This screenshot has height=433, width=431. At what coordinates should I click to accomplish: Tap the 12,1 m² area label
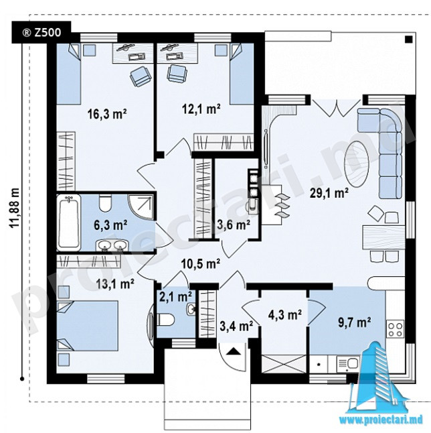click(x=201, y=109)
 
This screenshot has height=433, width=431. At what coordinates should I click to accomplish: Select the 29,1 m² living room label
click(x=329, y=193)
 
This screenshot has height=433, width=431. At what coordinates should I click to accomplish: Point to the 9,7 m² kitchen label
click(x=354, y=322)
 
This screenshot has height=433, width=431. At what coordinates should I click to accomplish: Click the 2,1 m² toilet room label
click(x=176, y=297)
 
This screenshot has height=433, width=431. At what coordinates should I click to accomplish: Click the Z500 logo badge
click(x=41, y=32)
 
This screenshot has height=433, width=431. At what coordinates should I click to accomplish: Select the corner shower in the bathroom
click(x=141, y=207)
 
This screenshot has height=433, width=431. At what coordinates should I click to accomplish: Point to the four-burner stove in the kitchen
click(x=396, y=328)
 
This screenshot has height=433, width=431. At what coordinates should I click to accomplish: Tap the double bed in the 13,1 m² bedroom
click(x=88, y=326)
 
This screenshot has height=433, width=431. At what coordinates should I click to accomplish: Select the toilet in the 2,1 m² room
click(x=166, y=320)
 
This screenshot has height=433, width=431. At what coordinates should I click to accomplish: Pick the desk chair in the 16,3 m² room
click(x=141, y=76)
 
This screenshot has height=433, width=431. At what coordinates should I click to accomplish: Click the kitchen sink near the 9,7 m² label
click(x=349, y=363)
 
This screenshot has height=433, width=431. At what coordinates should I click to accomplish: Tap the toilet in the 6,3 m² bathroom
click(x=105, y=203)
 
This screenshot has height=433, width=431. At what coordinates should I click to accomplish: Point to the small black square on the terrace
click(x=408, y=40)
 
